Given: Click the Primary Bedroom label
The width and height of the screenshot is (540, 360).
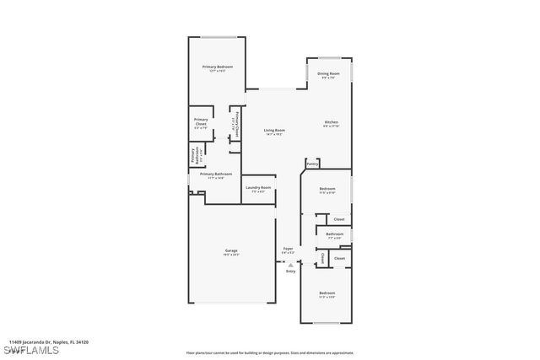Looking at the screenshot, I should tap(217, 67).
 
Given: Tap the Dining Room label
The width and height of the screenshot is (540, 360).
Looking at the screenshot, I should tap(328, 74).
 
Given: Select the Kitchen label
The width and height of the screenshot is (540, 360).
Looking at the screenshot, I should tap(332, 123).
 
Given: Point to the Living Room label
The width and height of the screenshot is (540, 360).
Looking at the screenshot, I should tap(274, 131).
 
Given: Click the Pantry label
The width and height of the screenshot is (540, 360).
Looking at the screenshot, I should tap(312, 164).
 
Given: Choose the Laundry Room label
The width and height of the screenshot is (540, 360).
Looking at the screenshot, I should tap(258, 188).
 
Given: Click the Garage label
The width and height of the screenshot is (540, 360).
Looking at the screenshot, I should tap(231, 251).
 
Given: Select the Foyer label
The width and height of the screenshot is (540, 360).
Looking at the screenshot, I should tap(288, 249).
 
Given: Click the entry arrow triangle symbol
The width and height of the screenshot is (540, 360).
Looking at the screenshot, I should tap(290, 264).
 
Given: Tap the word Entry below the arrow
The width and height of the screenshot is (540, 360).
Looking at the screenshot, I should tap(290, 271).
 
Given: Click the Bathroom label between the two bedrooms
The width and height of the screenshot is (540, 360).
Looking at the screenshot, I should tap(335, 234).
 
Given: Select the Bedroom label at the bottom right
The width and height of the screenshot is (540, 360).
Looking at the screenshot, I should tap(327, 293).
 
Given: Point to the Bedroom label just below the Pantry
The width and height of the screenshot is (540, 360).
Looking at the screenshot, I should tap(327, 189).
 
